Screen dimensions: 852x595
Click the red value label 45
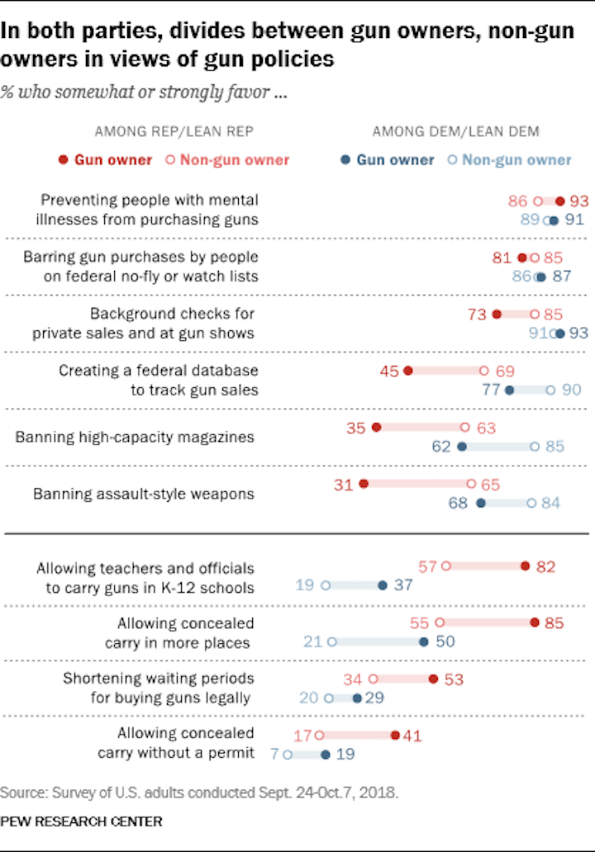click(390, 372)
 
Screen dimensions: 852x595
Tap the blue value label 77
click(491, 390)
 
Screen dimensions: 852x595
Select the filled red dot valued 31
click(364, 485)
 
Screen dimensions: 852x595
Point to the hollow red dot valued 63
click(465, 428)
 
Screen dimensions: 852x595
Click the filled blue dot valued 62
click(461, 447)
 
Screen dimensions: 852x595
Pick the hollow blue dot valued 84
click(531, 503)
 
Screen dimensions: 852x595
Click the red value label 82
click(545, 566)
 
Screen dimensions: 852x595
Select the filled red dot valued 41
click(395, 735)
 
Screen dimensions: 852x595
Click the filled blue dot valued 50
click(424, 641)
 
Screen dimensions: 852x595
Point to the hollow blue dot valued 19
click(326, 585)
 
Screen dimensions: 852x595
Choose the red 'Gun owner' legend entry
click(105, 159)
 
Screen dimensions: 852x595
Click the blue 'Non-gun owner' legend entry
click(509, 159)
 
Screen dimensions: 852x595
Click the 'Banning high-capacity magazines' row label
click(134, 437)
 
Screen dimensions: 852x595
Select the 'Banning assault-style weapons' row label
click(143, 494)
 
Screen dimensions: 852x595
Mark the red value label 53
click(454, 679)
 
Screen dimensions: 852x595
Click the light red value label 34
click(354, 679)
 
